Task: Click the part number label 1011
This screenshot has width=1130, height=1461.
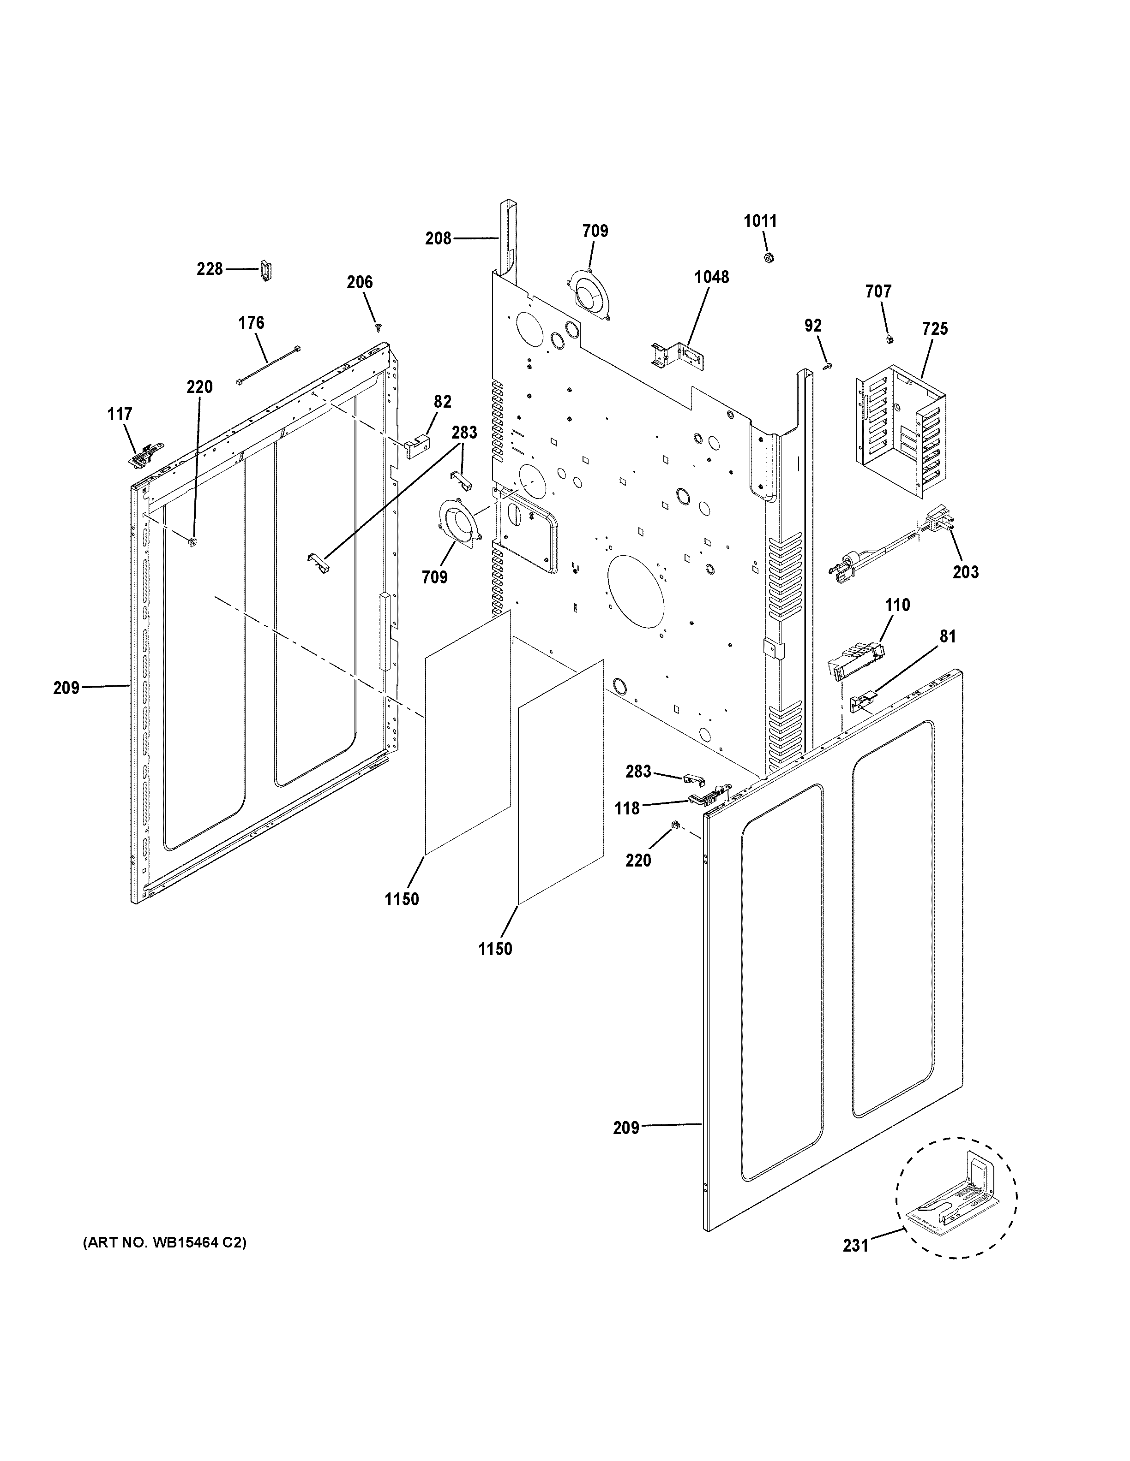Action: tap(760, 221)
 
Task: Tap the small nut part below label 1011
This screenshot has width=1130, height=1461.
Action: tap(769, 257)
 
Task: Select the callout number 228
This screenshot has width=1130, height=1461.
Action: tap(210, 269)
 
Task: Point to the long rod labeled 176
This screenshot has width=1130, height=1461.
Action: tap(268, 365)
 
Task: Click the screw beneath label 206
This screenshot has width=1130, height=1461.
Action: tap(379, 327)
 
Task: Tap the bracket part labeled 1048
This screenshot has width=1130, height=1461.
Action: tap(678, 355)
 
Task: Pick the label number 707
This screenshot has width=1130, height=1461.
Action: tap(878, 291)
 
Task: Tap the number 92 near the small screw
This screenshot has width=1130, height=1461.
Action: tap(813, 326)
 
